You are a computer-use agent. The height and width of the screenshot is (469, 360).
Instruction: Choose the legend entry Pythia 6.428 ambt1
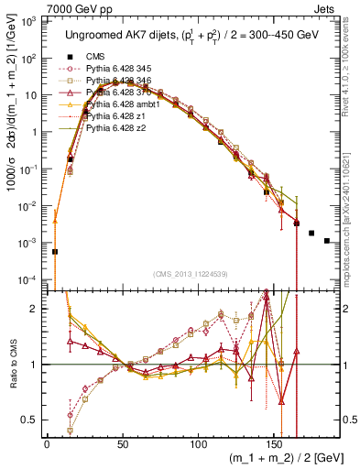point(129,104)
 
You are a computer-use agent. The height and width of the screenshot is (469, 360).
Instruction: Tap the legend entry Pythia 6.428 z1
point(124,116)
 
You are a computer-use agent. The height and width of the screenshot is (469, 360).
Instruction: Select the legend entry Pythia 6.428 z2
point(124,128)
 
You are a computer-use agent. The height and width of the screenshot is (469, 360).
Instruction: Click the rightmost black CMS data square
point(327,241)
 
